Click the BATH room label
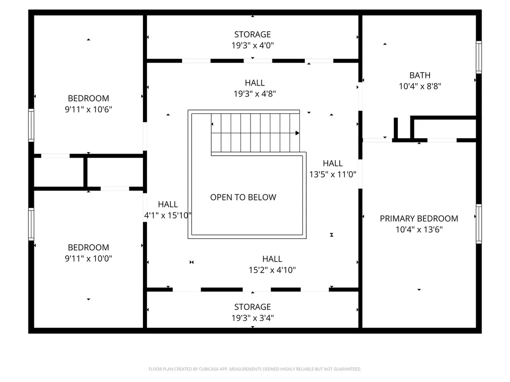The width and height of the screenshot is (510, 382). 420,76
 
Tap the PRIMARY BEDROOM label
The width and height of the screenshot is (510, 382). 419,218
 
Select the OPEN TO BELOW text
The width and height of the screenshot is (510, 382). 243,197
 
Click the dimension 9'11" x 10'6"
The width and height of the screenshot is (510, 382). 89,109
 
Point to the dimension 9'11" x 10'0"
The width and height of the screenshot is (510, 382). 89,259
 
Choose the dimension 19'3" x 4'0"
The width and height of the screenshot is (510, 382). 253,45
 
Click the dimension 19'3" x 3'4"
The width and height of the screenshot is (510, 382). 253,318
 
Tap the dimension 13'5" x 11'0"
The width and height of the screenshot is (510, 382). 333,174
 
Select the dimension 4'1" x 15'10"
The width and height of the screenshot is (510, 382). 168,215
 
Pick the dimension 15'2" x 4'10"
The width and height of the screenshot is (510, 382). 272,270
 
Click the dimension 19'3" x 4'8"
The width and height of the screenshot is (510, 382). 255,94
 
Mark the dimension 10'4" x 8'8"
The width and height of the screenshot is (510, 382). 420,86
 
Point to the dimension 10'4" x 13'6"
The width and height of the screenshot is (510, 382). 419,229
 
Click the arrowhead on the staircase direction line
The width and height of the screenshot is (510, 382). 297,133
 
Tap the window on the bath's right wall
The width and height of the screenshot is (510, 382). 479,57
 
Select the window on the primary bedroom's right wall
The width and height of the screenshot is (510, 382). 479,224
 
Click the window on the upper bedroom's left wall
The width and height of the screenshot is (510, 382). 31,125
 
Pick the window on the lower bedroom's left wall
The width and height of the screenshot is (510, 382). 31,224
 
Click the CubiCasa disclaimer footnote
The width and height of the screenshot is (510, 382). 255,369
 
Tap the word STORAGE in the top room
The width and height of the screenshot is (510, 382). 253,34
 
